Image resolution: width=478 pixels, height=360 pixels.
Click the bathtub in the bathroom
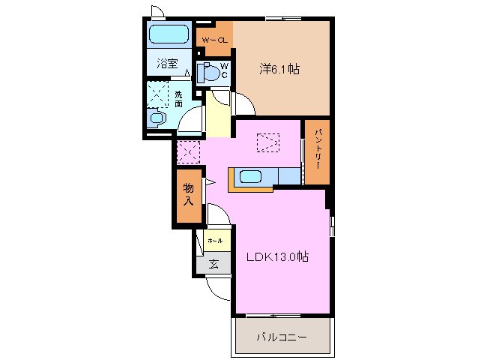point(168,34)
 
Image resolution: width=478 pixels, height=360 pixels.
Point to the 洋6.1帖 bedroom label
point(281,69)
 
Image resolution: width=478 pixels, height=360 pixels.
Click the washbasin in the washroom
point(157,118)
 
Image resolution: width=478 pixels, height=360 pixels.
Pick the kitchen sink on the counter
point(249,177)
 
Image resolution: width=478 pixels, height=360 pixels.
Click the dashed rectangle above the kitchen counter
point(267,142)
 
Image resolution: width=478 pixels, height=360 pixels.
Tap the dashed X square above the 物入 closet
point(188,152)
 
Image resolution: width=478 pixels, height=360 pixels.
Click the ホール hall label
point(214,241)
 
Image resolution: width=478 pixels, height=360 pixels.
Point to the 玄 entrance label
point(214,263)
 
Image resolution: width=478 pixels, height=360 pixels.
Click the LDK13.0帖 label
point(278,256)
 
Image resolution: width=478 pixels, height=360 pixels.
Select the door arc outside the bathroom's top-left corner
point(157,10)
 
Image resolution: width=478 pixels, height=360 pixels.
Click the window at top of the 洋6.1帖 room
point(282,18)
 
